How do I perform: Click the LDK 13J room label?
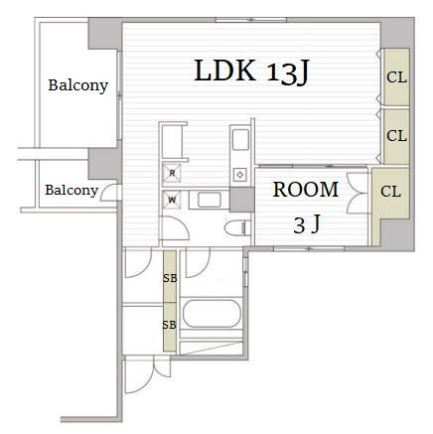coord(251,72)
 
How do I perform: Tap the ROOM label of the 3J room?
coord(306,190)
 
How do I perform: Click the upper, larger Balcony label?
coord(78,85)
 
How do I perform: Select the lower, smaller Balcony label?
coord(72,191)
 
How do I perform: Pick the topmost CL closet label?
coord(396,77)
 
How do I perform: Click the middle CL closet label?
coord(396,136)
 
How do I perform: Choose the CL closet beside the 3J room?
coord(390,192)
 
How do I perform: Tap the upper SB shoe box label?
coord(170,278)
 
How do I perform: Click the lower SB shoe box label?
coord(169,325)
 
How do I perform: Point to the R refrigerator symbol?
coord(172,173)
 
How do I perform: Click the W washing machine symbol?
coord(172,200)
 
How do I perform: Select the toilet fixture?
coord(237,227)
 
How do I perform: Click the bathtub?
coord(212,313)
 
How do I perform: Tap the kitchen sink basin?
coord(240,140)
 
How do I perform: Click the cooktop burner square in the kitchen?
coord(239,175)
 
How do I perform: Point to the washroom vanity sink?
coord(209,200)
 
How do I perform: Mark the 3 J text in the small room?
coord(307,224)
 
